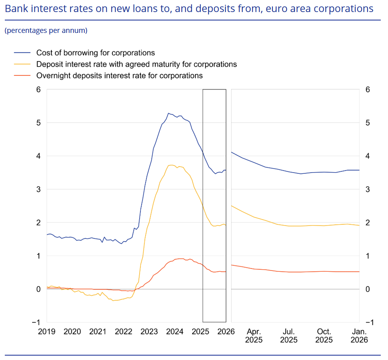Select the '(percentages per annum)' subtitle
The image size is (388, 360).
(46, 31)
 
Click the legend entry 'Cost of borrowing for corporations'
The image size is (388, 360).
(95, 53)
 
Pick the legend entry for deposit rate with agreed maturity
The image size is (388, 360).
(136, 64)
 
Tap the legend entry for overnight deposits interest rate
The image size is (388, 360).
(119, 75)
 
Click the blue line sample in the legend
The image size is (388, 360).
(22, 53)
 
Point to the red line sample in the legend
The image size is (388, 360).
(22, 75)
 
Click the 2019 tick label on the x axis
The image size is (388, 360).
(47, 332)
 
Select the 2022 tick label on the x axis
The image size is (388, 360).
(124, 332)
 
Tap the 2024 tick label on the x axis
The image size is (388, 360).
(175, 332)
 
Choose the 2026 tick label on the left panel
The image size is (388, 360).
(226, 332)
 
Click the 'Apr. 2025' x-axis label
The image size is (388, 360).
(254, 336)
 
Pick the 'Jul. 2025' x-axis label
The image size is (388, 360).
(289, 336)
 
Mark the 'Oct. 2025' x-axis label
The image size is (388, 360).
(324, 336)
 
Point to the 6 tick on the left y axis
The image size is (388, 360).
(39, 89)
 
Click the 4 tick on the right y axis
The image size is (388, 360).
(368, 156)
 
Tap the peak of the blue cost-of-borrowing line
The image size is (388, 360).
(169, 113)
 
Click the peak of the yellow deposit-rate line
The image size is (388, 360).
(171, 165)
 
